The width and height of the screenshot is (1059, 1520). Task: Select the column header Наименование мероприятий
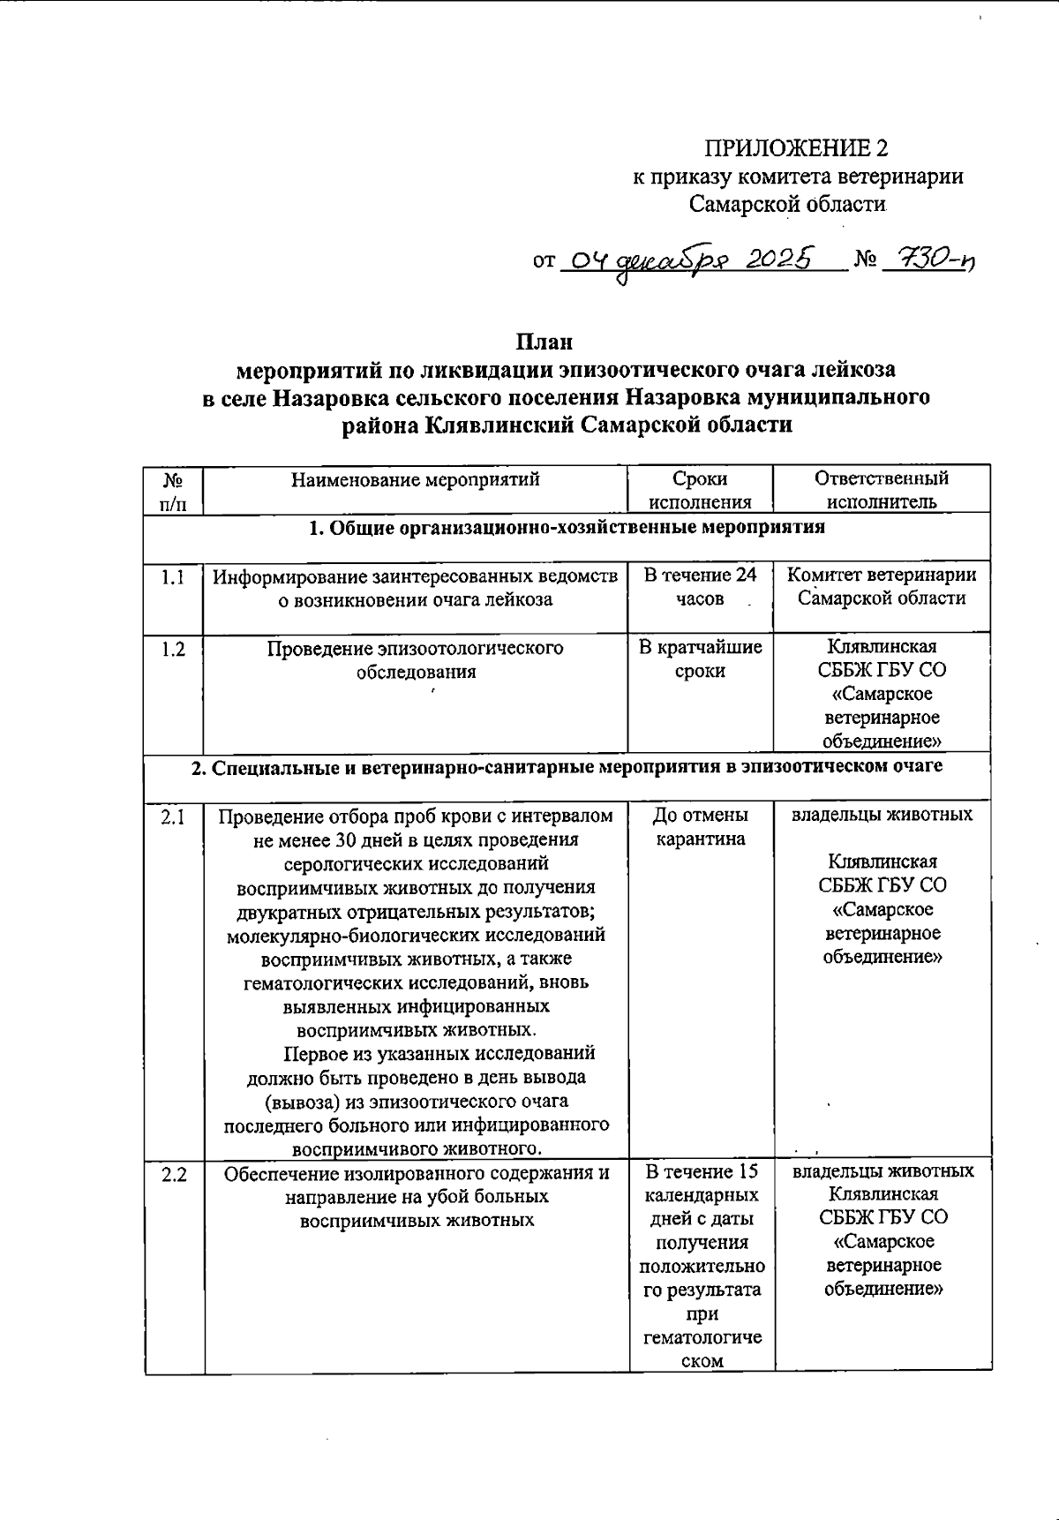point(415,480)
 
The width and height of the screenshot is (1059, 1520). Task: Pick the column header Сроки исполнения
point(700,490)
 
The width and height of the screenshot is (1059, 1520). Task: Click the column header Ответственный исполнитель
point(881,490)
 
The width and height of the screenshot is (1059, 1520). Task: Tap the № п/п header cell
point(174,490)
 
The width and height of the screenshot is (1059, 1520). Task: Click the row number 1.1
point(174,577)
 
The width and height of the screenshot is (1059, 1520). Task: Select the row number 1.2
point(174,650)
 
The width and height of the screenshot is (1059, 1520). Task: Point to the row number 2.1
point(174,816)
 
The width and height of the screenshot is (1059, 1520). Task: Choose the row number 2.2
point(174,1174)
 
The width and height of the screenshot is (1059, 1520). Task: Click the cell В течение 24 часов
point(700,587)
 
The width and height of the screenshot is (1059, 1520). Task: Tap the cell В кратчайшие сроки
point(700,658)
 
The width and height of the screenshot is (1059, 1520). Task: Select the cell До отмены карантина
point(700,826)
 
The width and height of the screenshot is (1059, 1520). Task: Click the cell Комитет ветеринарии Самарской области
point(881,587)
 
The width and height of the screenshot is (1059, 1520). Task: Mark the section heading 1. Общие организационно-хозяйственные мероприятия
point(567,528)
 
